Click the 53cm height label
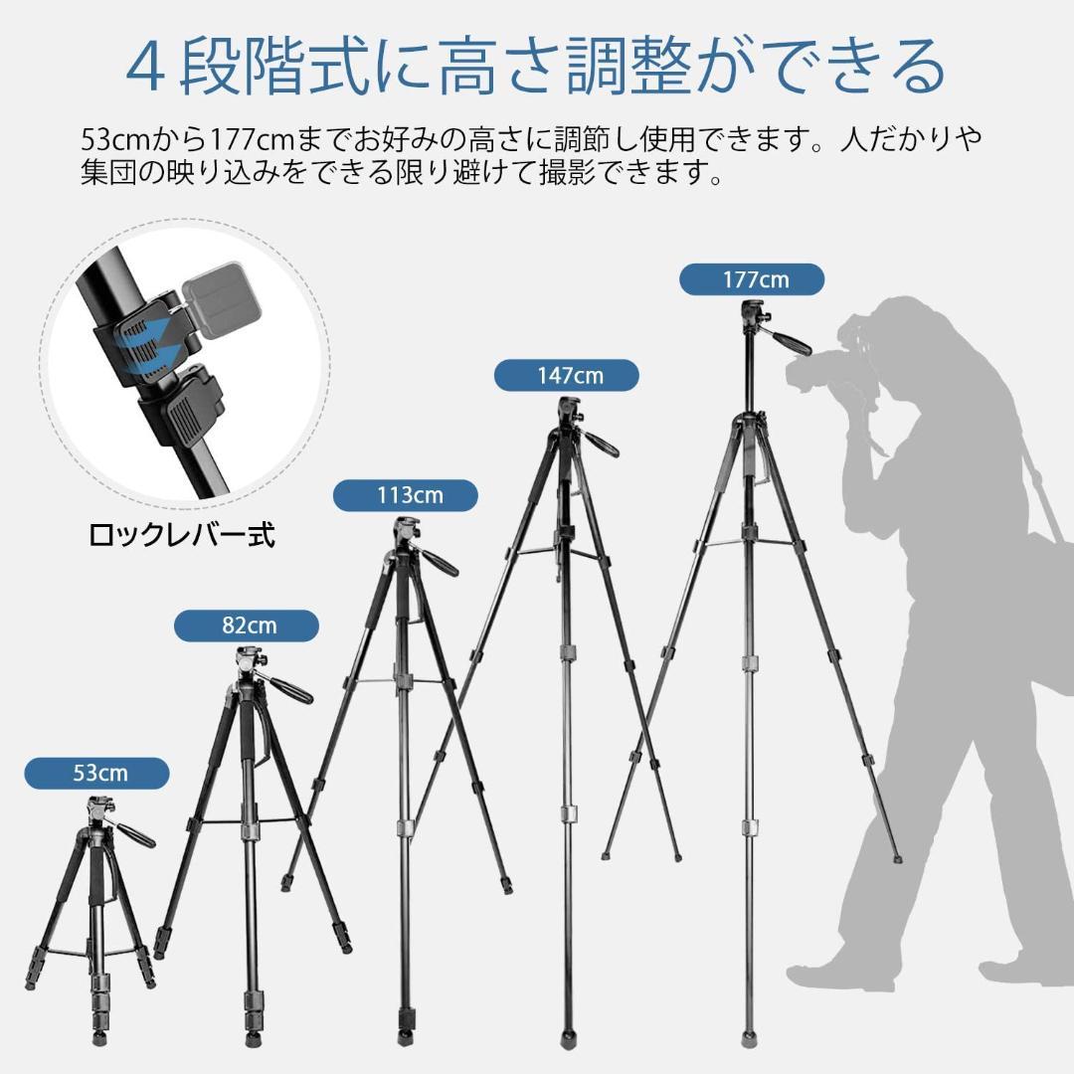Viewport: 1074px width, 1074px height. [96, 772]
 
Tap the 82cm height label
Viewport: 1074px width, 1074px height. [247, 626]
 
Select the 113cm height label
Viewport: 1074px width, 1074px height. [406, 494]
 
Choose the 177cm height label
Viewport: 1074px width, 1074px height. [752, 279]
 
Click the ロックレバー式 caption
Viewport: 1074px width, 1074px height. [182, 536]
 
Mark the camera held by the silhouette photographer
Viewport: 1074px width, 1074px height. [825, 370]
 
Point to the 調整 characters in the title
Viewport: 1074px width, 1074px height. [598, 67]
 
